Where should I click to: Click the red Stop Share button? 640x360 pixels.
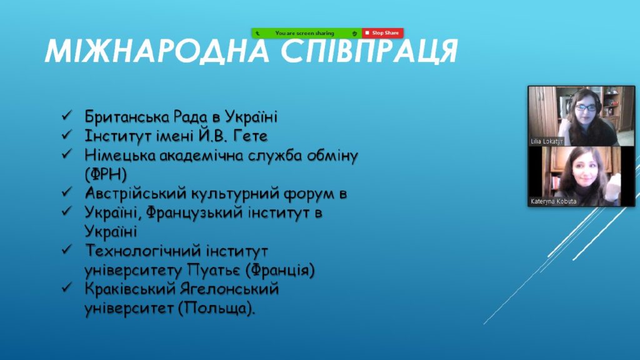(382, 33)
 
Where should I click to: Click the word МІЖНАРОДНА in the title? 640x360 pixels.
(157, 52)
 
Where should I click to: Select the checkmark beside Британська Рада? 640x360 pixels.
(66, 116)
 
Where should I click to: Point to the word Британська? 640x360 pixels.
(127, 117)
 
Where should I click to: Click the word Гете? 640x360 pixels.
(250, 136)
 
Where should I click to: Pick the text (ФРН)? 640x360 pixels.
(106, 175)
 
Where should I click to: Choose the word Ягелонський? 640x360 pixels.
(229, 289)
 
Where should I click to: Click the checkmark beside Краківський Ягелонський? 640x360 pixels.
(66, 287)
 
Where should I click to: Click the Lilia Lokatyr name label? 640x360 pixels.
(546, 141)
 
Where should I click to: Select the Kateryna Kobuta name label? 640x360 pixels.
(554, 201)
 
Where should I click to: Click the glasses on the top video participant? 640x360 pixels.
(586, 108)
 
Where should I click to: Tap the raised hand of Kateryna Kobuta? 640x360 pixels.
(614, 186)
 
